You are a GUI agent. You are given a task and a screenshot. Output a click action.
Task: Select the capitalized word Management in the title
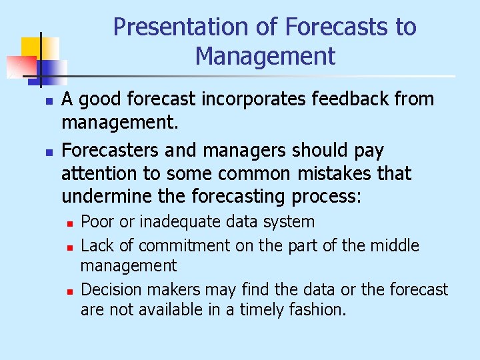[265, 57]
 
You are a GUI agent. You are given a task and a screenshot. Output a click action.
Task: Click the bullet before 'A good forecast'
[40, 102]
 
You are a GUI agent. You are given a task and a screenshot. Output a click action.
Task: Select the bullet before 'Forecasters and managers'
[40, 153]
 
